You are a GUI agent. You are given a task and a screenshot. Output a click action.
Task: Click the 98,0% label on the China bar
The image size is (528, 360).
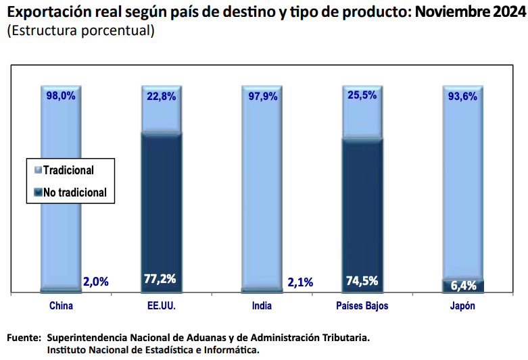click(61, 96)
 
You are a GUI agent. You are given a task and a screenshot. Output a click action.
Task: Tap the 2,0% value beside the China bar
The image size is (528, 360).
click(95, 282)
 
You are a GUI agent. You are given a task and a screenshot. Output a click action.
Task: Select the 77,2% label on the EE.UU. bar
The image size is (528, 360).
click(161, 278)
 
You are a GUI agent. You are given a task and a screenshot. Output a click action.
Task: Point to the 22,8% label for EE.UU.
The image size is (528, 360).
click(161, 96)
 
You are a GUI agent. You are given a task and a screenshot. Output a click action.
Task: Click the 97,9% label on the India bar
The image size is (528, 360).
click(262, 96)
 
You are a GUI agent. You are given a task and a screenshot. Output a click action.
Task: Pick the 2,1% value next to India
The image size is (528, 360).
click(298, 282)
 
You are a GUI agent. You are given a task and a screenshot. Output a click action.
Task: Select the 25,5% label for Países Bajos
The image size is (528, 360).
click(362, 96)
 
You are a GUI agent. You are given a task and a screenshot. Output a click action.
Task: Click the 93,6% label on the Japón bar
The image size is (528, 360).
click(462, 96)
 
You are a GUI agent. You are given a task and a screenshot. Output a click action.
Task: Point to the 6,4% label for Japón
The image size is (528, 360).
click(463, 286)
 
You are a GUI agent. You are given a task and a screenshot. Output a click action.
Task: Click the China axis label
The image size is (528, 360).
click(61, 306)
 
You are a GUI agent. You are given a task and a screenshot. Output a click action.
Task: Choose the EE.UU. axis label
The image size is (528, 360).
click(161, 306)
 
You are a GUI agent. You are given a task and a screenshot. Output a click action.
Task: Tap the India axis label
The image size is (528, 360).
click(262, 306)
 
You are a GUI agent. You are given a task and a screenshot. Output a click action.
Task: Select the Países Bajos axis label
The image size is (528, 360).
click(362, 306)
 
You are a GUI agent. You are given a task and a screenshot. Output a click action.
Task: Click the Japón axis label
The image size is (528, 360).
click(462, 306)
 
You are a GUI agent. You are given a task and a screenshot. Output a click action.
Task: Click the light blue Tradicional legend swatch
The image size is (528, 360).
click(38, 171)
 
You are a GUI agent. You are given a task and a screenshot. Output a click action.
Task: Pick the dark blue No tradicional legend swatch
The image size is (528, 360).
click(38, 192)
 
